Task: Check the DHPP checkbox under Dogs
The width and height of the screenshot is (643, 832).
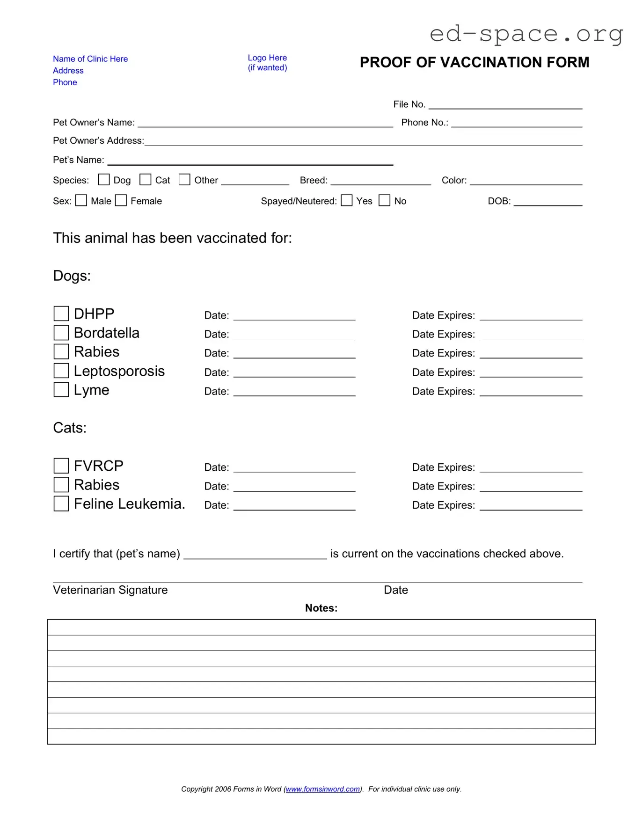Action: pos(61,314)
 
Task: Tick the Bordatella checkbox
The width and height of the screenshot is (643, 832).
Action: pos(61,333)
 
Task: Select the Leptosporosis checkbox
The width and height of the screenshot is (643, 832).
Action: pos(61,371)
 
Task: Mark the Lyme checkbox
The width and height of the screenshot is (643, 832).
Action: pos(61,390)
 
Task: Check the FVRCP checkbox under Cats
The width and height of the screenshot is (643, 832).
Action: pos(61,466)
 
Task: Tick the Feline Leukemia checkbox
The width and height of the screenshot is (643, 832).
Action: pos(61,504)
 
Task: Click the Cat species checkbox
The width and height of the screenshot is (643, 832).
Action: pos(146,180)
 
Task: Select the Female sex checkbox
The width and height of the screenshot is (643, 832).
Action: pos(121,201)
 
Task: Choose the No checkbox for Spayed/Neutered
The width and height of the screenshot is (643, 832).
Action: pos(384,201)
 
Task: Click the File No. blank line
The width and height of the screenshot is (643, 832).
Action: pos(505,105)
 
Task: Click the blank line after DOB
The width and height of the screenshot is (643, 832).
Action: pos(548,202)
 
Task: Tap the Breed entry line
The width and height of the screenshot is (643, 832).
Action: pos(380,182)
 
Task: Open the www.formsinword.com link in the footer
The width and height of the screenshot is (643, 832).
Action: pos(323,789)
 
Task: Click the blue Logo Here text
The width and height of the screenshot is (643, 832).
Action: pos(267,58)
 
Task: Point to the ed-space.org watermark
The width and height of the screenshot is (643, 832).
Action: pos(526,34)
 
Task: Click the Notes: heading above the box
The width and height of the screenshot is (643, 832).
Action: pos(321,608)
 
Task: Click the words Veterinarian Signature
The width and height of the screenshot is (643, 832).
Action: pos(110,590)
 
